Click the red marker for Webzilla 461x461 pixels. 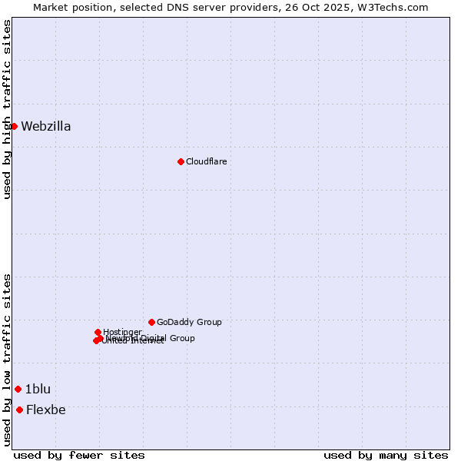(14, 126)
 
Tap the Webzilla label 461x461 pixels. (46, 127)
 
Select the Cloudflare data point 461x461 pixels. (181, 161)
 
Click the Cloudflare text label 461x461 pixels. (206, 161)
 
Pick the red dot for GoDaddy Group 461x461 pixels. (151, 322)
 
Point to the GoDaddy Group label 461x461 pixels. (189, 322)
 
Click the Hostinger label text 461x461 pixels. (122, 332)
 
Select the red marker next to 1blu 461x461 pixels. (18, 389)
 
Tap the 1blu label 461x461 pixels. (38, 389)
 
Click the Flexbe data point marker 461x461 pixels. (19, 410)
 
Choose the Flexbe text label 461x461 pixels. (45, 410)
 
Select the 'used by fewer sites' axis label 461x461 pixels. (79, 455)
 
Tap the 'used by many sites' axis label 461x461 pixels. (386, 455)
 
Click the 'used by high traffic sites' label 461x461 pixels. (7, 109)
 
